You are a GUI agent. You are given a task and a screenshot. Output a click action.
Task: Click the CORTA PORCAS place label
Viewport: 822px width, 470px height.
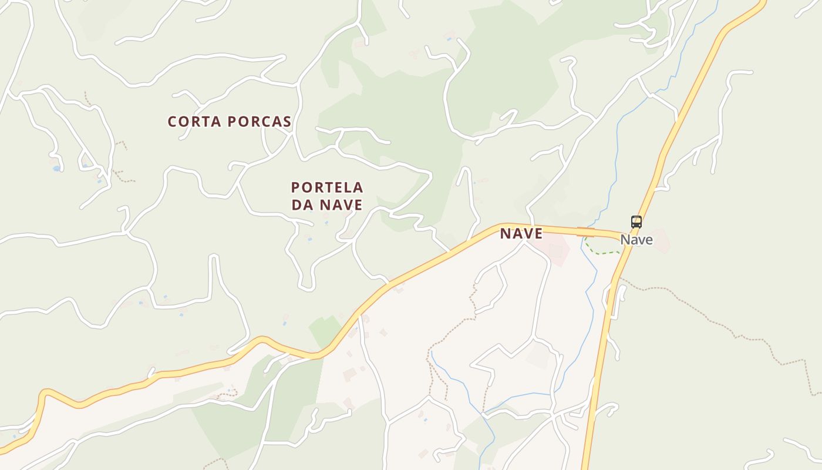pyautogui.click(x=230, y=122)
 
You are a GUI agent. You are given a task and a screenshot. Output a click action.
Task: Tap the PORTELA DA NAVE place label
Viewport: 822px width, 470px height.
pyautogui.click(x=327, y=196)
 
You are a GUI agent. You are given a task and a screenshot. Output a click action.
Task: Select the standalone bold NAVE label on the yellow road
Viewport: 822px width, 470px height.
pyautogui.click(x=521, y=234)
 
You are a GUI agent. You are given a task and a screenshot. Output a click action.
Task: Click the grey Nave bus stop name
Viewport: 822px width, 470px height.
pyautogui.click(x=636, y=240)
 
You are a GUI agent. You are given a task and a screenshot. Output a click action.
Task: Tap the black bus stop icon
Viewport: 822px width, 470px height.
pyautogui.click(x=636, y=222)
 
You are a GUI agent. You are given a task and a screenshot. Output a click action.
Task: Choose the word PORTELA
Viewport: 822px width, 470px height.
pyautogui.click(x=327, y=188)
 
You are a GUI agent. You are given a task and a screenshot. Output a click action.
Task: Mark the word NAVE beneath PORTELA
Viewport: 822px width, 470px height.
pyautogui.click(x=341, y=205)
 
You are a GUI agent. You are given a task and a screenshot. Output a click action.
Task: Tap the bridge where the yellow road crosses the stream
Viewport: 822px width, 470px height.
pyautogui.click(x=585, y=232)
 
